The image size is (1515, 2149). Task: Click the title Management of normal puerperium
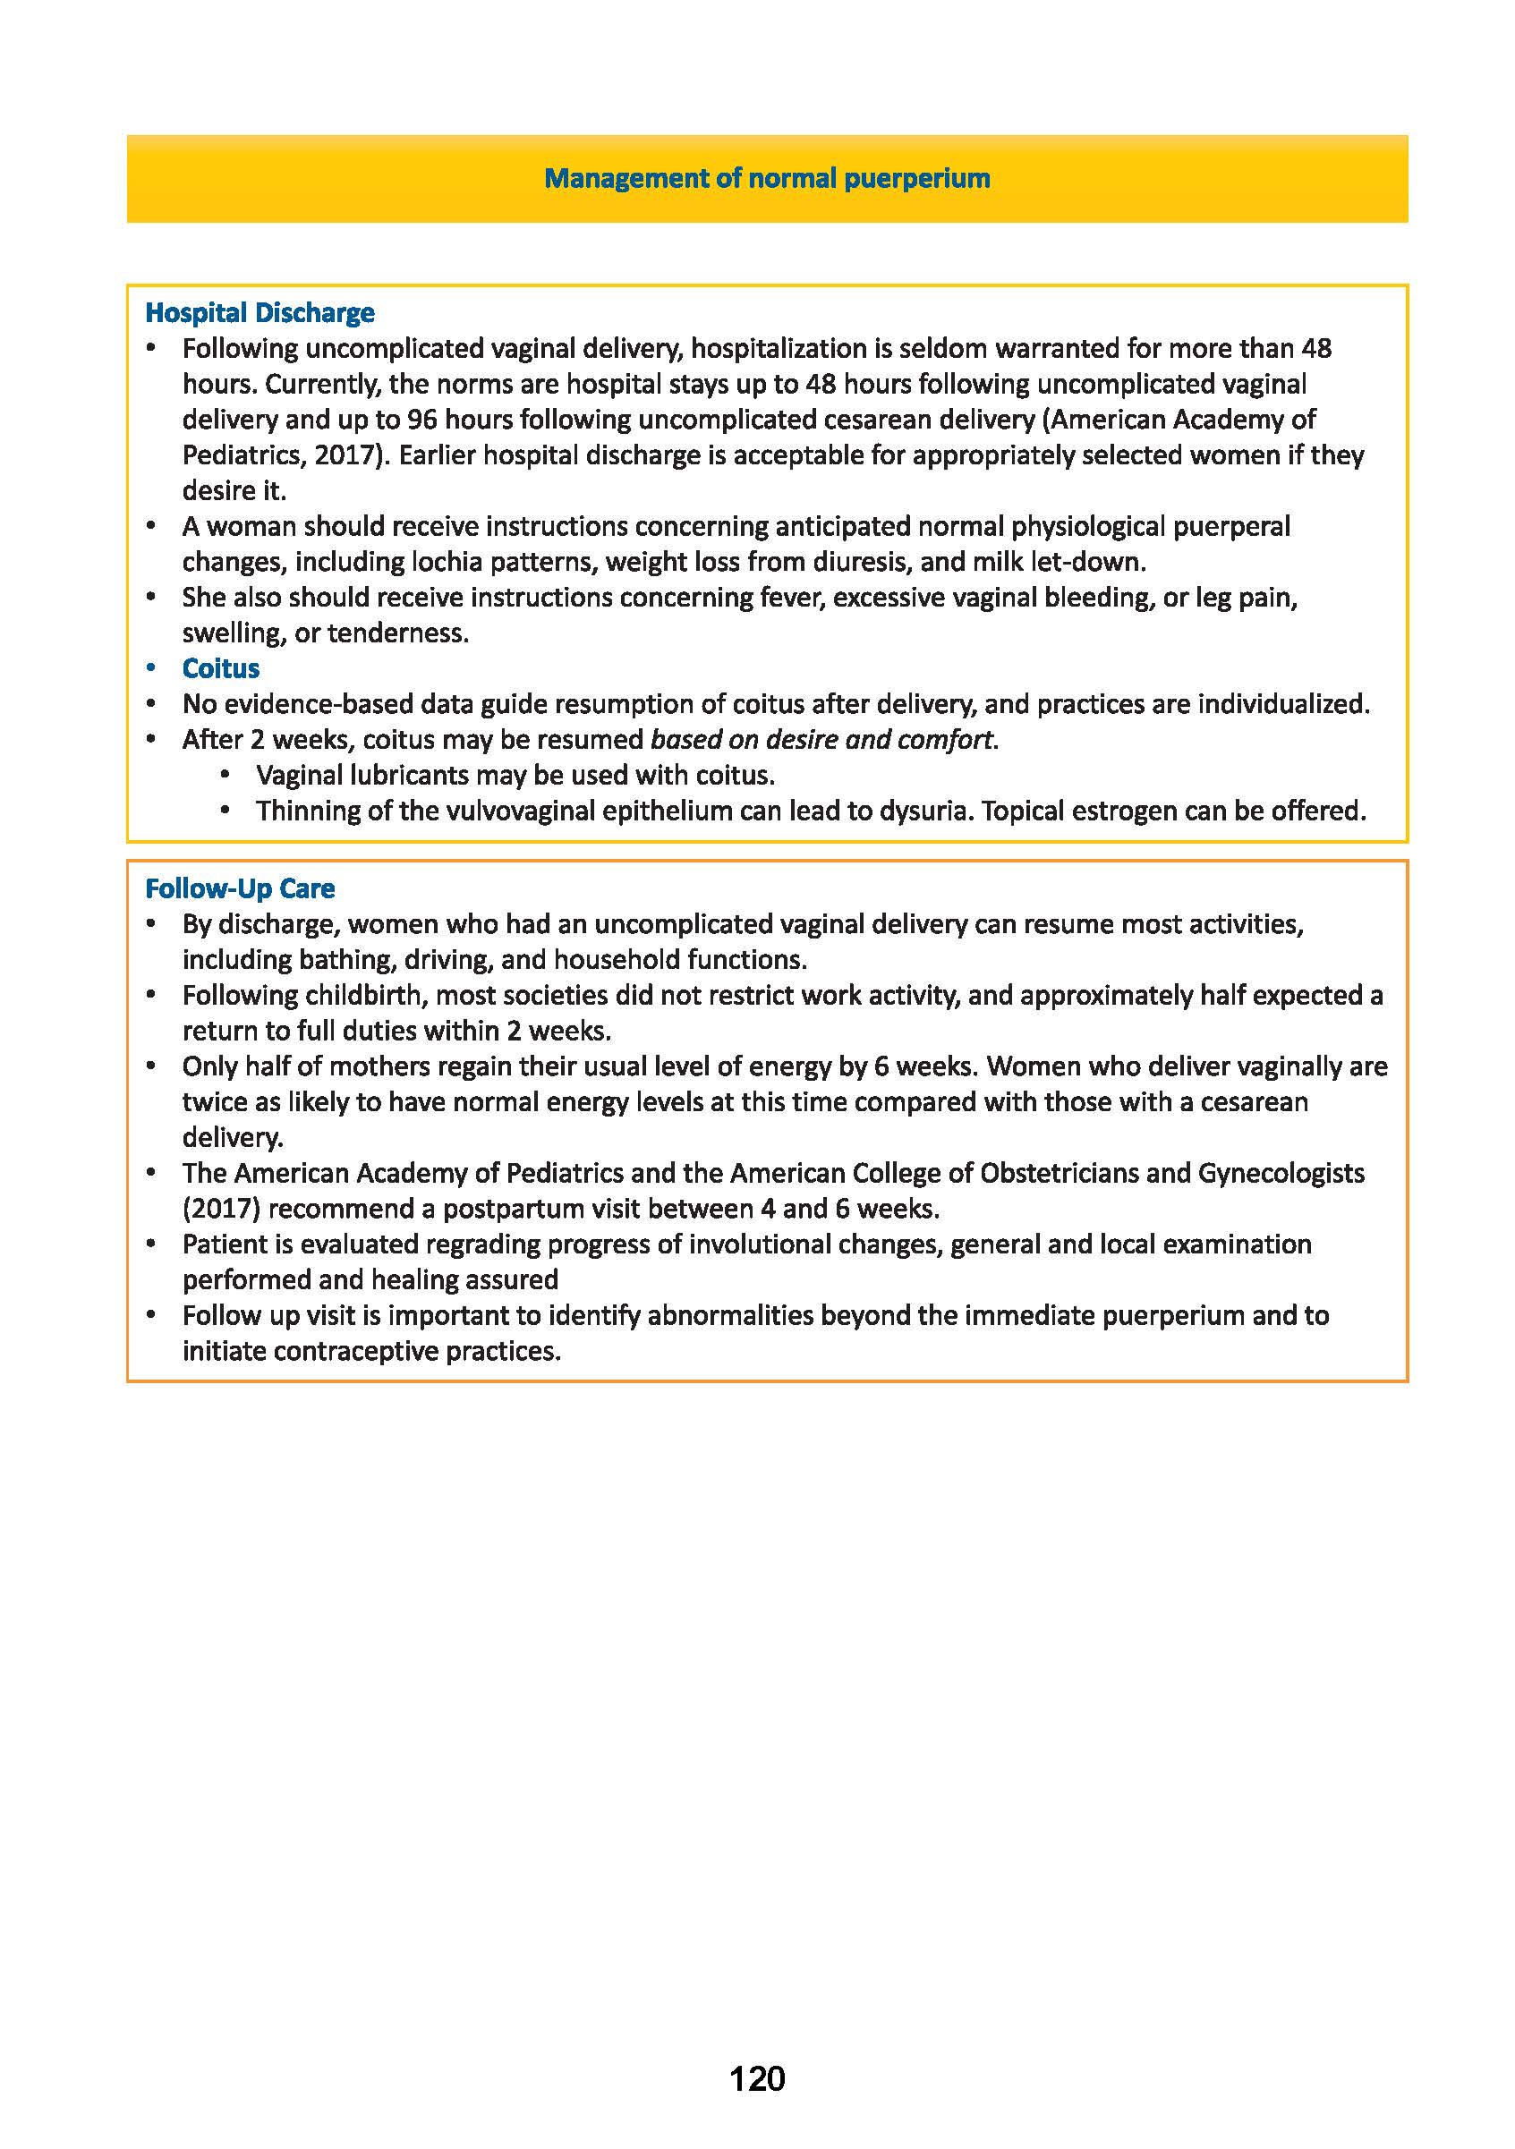coord(767,178)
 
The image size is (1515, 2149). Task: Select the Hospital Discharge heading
coord(260,312)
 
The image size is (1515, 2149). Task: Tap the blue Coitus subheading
coord(221,668)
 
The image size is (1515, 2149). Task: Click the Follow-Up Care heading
coord(240,888)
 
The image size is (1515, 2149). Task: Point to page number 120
coord(756,2105)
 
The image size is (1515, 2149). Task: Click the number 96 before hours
coord(422,420)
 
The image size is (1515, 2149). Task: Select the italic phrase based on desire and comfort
coord(821,739)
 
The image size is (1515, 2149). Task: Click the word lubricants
coord(408,775)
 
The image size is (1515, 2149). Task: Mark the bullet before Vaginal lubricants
coord(225,775)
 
